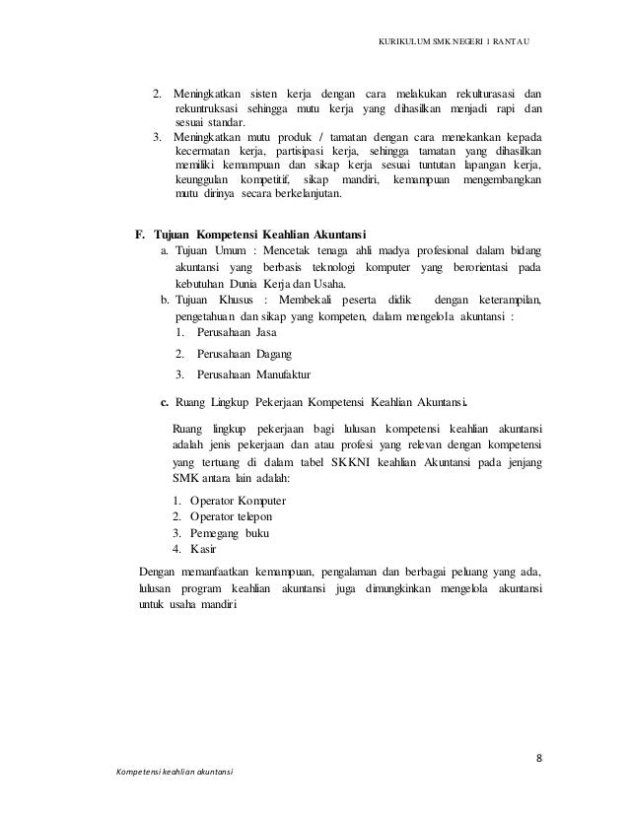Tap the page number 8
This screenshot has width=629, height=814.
coord(539,758)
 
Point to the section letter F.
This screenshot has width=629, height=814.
coord(140,235)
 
